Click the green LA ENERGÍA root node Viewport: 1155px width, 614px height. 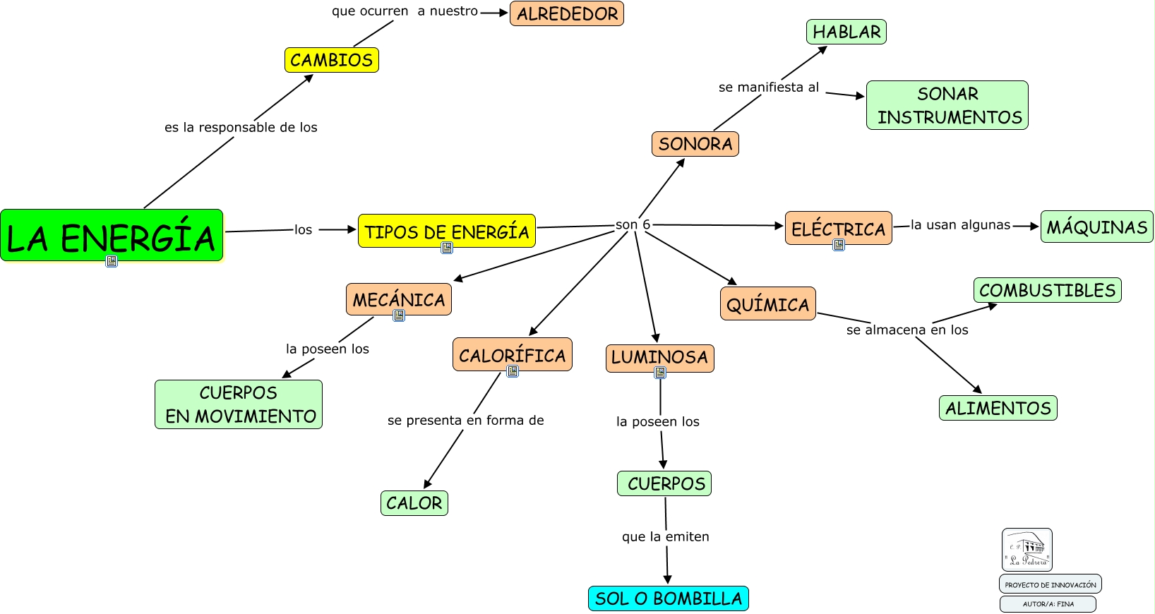[112, 236]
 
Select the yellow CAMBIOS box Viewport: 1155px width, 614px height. [332, 60]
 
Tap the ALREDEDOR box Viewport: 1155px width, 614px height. [567, 14]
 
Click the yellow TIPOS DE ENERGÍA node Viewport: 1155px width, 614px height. [446, 231]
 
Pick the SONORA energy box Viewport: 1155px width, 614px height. [695, 144]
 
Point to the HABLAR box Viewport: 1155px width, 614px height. [846, 32]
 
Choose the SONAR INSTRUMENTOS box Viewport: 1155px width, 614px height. [947, 105]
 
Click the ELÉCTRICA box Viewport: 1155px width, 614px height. [838, 228]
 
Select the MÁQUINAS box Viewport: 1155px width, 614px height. [1096, 227]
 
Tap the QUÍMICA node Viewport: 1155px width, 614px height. [767, 304]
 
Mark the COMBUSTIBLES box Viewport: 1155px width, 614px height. [1047, 290]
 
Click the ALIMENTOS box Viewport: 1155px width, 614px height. [998, 408]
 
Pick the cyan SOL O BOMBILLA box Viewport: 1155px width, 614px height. [668, 598]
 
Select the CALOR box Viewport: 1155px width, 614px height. [414, 503]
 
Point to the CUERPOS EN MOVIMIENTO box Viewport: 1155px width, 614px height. [239, 404]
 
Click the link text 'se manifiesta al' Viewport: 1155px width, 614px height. [768, 88]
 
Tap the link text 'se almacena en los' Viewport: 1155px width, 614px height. [907, 330]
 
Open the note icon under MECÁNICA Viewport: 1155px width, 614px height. [399, 315]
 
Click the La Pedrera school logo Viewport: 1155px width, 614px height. [1027, 550]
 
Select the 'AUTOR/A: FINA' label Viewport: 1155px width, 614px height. [1048, 604]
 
